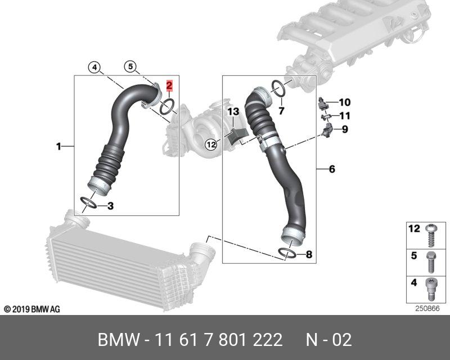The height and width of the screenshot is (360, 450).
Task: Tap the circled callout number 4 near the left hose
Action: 95,67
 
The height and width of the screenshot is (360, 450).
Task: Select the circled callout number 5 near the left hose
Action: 130,67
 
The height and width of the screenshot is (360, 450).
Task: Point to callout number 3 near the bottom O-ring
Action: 110,206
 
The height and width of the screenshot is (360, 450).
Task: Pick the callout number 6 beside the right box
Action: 332,169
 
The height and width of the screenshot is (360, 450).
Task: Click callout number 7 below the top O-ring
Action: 281,110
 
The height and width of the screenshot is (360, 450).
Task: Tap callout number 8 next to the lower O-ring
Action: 308,255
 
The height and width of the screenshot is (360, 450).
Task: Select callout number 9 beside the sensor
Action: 344,130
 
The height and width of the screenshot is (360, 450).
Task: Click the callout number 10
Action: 344,102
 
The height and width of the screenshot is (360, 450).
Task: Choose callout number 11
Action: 344,116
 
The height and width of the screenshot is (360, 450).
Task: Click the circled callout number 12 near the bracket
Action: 210,144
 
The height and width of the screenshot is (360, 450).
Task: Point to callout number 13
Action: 233,112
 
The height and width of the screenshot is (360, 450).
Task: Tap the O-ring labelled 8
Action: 288,255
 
